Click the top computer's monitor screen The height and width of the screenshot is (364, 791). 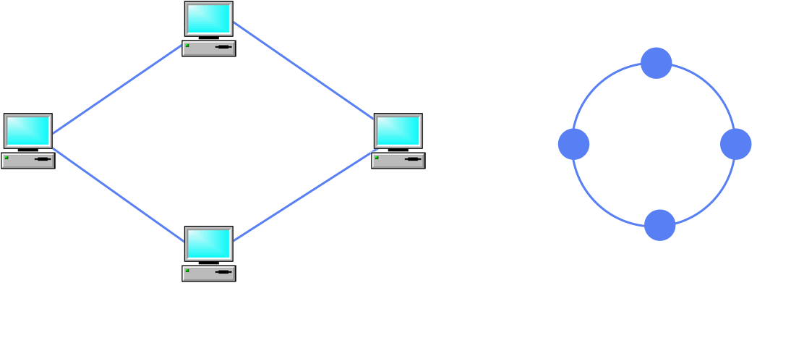(x=208, y=18)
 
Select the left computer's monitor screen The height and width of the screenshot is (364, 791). (x=27, y=130)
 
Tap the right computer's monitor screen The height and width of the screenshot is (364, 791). (x=398, y=130)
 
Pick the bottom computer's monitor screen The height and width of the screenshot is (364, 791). (x=208, y=243)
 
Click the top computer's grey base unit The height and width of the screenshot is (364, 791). (x=208, y=48)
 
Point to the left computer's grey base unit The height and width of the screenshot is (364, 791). (x=27, y=160)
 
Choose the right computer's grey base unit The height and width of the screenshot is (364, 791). (x=398, y=160)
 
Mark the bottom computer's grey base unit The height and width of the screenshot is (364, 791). (x=208, y=273)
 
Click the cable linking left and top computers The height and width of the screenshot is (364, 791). (x=117, y=90)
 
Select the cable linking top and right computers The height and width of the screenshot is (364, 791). (x=304, y=70)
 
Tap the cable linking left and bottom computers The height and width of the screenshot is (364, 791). (x=118, y=194)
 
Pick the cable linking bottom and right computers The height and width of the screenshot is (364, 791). (x=304, y=196)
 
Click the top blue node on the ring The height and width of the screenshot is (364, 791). (x=657, y=63)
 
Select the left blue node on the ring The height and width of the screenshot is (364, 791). (x=574, y=144)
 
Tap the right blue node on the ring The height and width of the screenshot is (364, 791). (x=736, y=144)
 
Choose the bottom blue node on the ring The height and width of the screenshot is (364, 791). (x=660, y=225)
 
